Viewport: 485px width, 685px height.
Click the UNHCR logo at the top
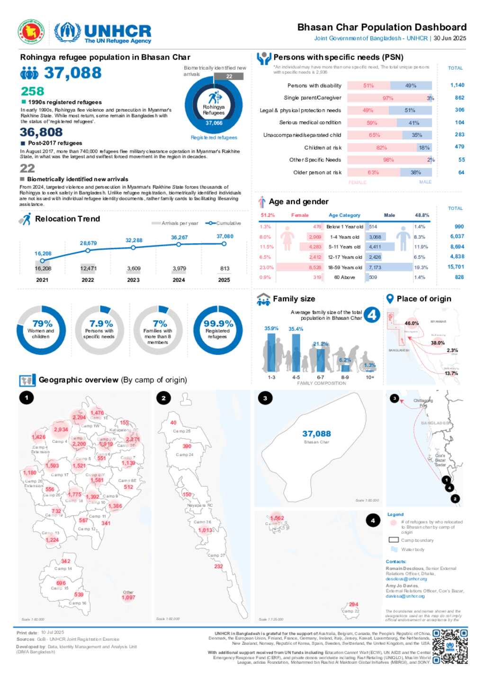coord(103,33)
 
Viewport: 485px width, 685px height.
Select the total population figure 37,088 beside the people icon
coord(72,73)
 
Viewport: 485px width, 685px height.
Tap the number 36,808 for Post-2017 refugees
coord(41,132)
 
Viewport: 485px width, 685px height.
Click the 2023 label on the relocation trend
coord(133,280)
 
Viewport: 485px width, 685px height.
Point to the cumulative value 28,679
coord(88,243)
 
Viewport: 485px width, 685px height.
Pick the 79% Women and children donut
coord(41,330)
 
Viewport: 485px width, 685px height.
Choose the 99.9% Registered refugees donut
coord(218,330)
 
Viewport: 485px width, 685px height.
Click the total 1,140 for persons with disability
coord(457,85)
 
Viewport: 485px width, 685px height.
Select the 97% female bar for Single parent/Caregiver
coord(387,98)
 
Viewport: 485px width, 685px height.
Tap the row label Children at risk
coord(323,148)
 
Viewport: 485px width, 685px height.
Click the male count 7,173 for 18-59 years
coord(375,267)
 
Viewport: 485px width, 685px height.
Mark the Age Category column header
coord(344,215)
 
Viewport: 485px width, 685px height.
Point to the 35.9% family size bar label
coord(271,328)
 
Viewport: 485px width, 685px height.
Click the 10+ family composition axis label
coord(370,378)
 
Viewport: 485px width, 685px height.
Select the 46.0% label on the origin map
coord(412,324)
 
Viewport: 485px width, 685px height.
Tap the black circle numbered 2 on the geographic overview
coord(163,398)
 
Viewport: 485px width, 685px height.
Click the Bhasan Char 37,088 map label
coord(316,434)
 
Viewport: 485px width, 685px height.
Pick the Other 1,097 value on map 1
coord(128,597)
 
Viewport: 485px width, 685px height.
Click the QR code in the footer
coord(450,646)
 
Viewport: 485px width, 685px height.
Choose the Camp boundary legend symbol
coord(393,540)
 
